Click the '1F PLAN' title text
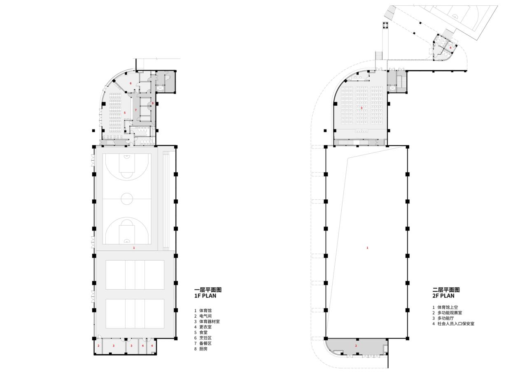click(x=205, y=296)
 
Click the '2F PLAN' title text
click(x=443, y=296)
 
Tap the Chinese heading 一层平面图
click(x=208, y=289)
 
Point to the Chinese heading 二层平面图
click(x=446, y=289)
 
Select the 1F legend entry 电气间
click(x=205, y=316)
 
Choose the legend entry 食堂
click(x=203, y=332)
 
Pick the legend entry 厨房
click(x=203, y=349)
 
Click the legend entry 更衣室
click(x=205, y=327)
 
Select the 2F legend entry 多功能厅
click(x=445, y=318)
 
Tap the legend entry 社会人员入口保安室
click(x=455, y=323)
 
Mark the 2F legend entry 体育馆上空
click(x=447, y=307)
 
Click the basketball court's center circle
click(x=127, y=199)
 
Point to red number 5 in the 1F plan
click(x=125, y=113)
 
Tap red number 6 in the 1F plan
click(x=131, y=83)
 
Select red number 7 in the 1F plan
click(x=135, y=110)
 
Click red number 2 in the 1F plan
click(x=98, y=346)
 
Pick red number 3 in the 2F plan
click(x=361, y=108)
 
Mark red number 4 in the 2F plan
click(x=450, y=48)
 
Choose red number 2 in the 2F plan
click(x=356, y=346)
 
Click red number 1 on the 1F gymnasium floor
click(x=133, y=248)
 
